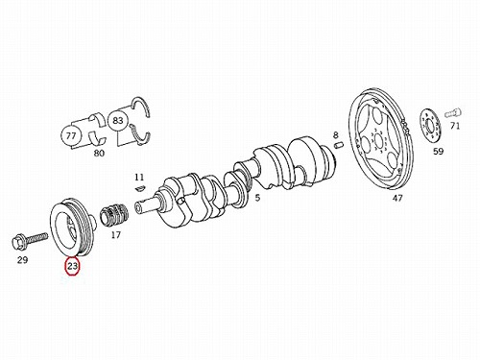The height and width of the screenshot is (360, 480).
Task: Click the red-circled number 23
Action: (x=72, y=266)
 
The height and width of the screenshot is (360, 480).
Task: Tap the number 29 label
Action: (x=22, y=260)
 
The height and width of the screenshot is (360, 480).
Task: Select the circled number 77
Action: (x=71, y=136)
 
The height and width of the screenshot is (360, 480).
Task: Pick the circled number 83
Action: (x=118, y=121)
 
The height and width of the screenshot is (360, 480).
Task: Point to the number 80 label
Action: (x=99, y=154)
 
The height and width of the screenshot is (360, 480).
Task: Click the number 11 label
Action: (x=139, y=178)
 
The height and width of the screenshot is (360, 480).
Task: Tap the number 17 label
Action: (x=116, y=235)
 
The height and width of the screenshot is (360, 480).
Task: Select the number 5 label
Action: (x=257, y=198)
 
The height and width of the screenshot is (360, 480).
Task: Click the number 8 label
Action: (x=335, y=135)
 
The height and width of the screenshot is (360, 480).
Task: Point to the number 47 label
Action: (x=397, y=199)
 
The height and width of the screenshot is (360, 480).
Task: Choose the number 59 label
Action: (x=439, y=152)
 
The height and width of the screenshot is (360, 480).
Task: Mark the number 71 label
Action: (x=455, y=126)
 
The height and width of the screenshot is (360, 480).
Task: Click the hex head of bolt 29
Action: (x=18, y=243)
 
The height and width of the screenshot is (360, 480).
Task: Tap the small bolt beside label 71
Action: (x=453, y=113)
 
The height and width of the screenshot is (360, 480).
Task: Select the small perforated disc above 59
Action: (x=430, y=126)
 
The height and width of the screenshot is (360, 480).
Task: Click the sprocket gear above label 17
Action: (x=114, y=215)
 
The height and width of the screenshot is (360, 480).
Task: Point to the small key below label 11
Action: (x=140, y=188)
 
